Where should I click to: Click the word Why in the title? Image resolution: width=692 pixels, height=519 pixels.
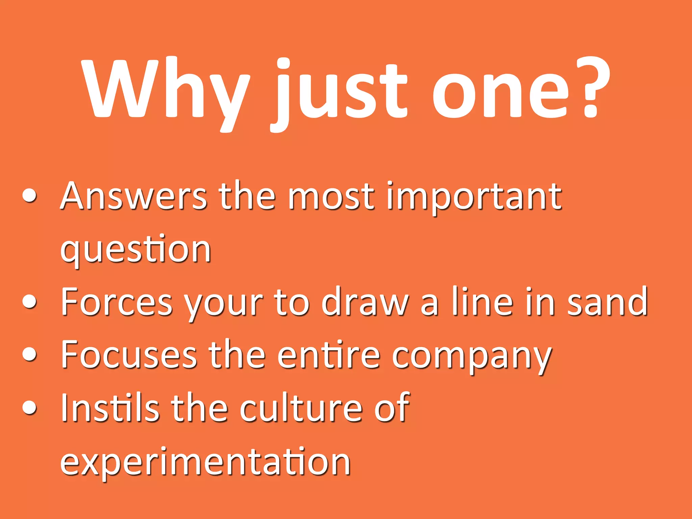coord(166,90)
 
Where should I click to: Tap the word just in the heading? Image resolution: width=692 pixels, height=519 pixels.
coord(341,91)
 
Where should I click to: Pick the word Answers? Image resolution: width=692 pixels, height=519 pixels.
coord(133,196)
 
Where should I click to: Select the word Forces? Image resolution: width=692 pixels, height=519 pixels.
coord(117,302)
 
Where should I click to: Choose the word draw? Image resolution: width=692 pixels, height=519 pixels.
coord(365,302)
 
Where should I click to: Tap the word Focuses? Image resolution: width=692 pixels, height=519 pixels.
coord(128,355)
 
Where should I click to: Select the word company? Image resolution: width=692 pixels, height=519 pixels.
coord(471,356)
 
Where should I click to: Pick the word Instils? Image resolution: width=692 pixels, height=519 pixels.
coord(110,407)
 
